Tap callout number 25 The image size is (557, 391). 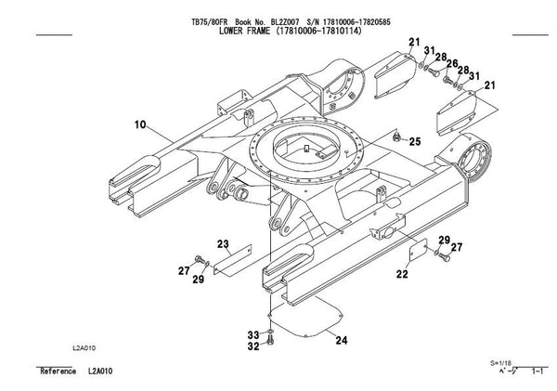tap(415, 140)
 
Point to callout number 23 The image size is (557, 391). tap(222, 244)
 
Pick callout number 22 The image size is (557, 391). tap(402, 274)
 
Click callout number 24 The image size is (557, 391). tap(342, 341)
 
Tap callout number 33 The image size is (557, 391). tap(253, 333)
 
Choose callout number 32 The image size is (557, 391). tap(253, 346)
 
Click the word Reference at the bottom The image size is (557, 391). tap(58, 371)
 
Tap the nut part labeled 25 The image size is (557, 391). tap(395, 139)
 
